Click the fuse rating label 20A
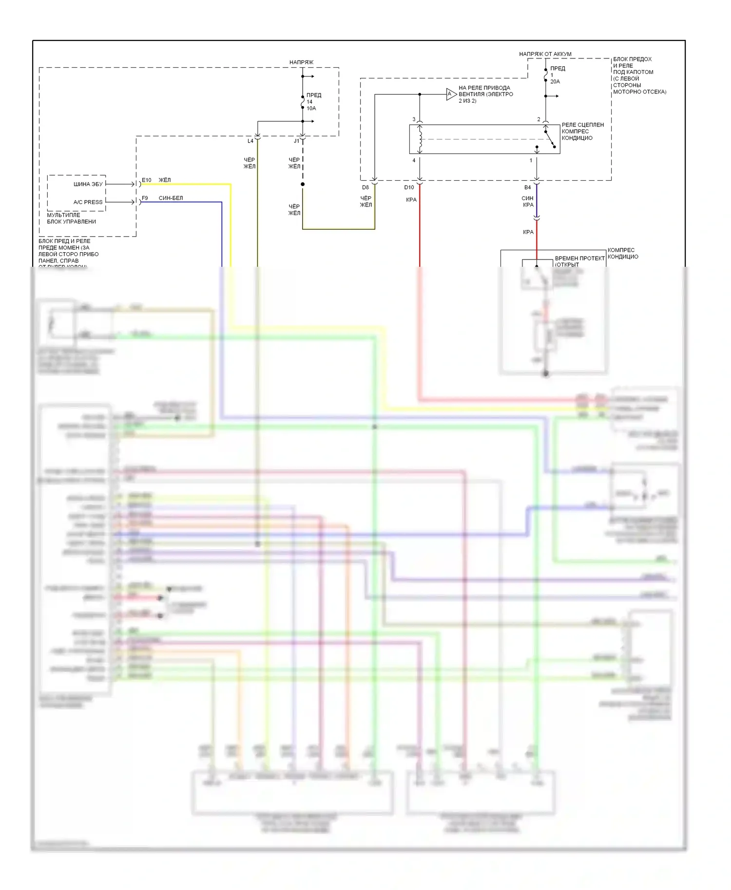555,82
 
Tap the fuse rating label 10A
311,109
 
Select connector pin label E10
147,180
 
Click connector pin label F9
145,198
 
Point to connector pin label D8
365,187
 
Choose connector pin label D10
409,187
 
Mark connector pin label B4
527,187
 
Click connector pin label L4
250,141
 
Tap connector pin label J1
296,141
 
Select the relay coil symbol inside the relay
420,139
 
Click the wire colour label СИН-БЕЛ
171,198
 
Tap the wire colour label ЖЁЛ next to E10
165,180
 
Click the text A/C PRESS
88,202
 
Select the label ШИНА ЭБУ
88,184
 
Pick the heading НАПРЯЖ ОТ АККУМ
545,54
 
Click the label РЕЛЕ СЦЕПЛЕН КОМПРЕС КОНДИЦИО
582,131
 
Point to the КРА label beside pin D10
411,200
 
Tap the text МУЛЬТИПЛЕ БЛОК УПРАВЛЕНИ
71,218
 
